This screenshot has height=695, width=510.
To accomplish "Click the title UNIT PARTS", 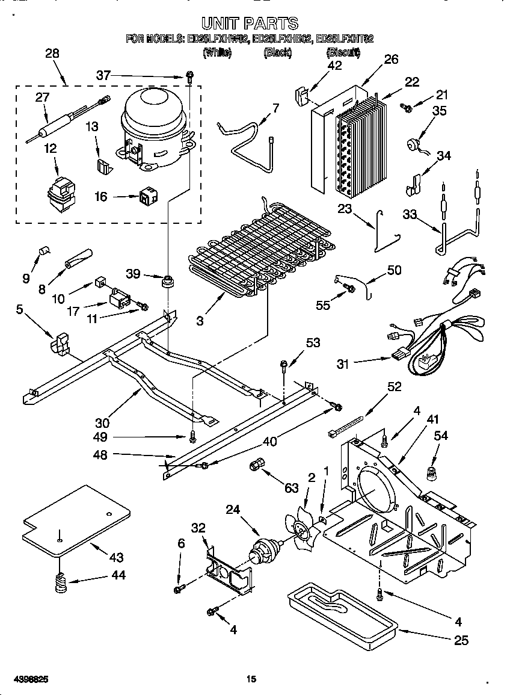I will (250, 23).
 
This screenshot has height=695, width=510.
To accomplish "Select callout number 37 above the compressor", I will (103, 75).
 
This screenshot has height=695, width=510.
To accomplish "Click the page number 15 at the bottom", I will (251, 679).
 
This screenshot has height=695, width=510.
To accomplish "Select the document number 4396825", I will (25, 679).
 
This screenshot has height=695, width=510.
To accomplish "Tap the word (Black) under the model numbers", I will (277, 54).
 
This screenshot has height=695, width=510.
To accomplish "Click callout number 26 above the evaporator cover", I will (391, 60).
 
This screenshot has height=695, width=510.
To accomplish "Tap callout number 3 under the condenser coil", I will (199, 321).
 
